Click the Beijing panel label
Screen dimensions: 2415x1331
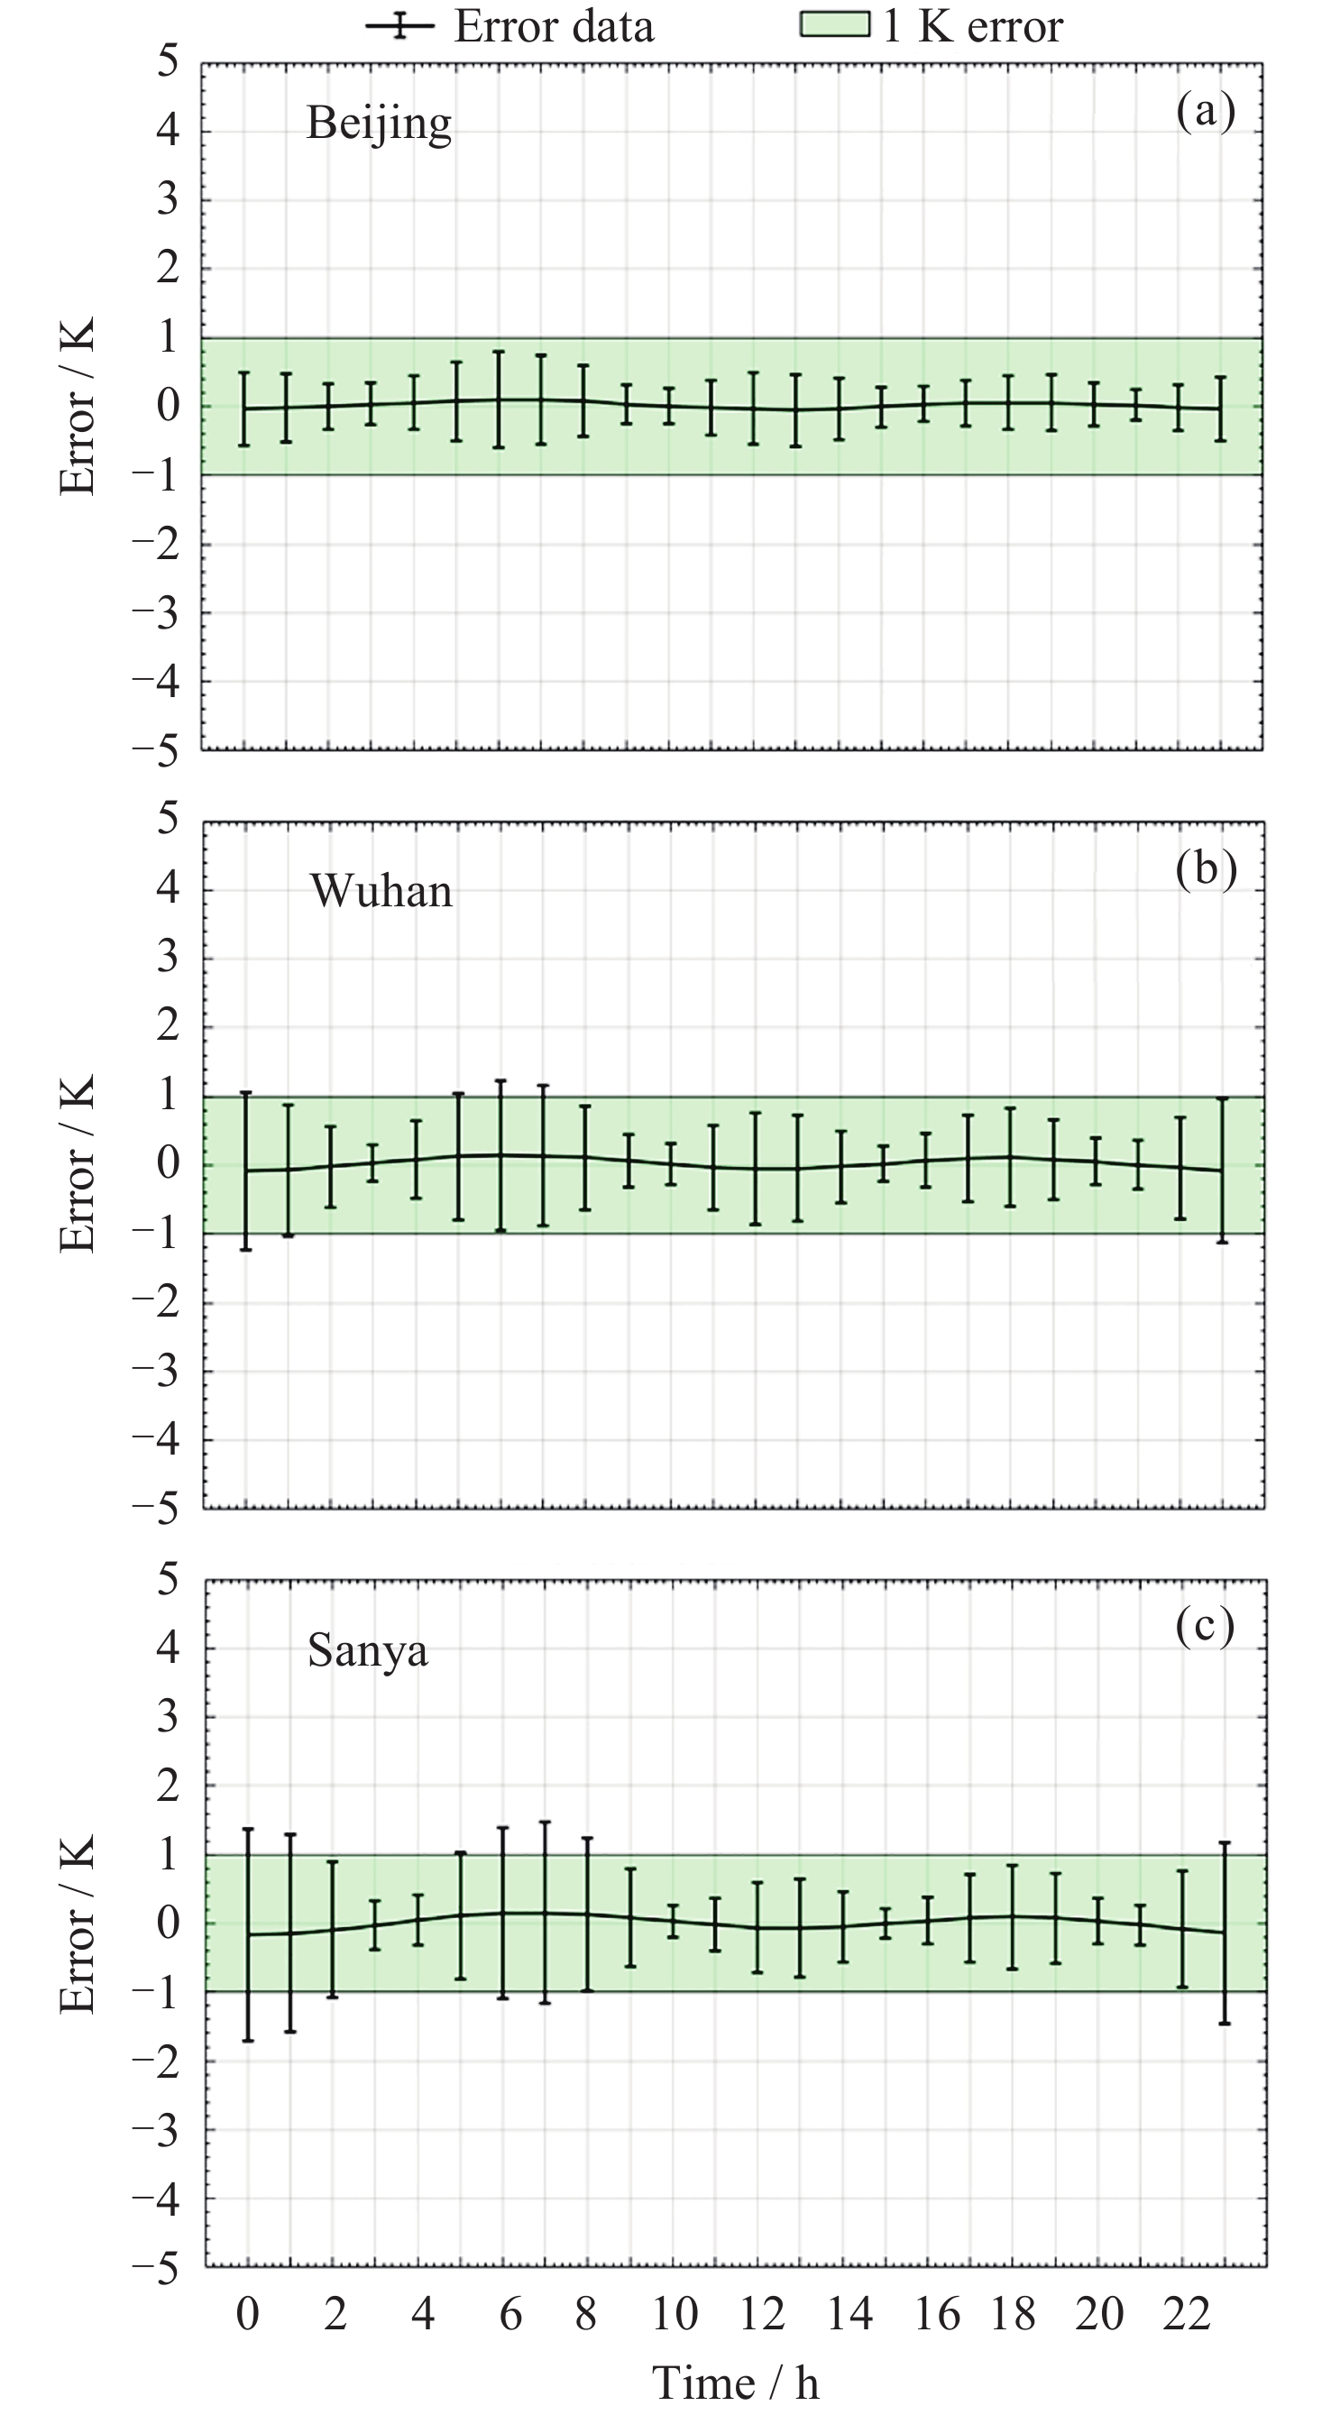(x=379, y=123)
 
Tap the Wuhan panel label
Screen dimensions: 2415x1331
(x=381, y=891)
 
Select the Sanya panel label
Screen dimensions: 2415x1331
(x=367, y=1650)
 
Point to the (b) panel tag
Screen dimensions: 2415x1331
(x=1206, y=869)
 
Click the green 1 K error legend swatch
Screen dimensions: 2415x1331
(x=834, y=23)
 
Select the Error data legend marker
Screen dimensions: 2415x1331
(x=399, y=25)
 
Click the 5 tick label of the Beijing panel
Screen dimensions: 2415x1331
(x=167, y=62)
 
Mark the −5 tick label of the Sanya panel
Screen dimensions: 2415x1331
(x=156, y=2268)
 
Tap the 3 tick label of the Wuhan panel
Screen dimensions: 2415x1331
(x=167, y=958)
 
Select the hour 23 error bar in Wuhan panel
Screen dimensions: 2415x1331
(x=1221, y=1170)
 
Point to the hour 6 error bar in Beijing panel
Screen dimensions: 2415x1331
(x=499, y=399)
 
